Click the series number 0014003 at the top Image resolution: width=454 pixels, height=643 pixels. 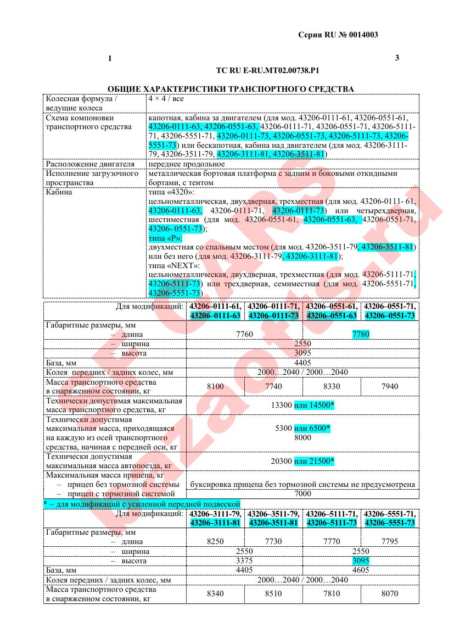361,35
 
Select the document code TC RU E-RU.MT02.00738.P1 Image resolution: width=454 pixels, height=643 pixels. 268,70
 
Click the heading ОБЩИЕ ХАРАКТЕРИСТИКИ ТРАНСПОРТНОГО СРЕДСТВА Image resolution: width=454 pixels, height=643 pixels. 231,88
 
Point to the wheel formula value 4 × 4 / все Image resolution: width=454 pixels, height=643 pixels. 166,99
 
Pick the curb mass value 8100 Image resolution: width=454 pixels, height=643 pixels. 215,386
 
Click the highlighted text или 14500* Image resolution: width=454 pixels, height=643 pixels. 314,405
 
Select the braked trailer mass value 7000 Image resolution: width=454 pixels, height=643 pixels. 302,494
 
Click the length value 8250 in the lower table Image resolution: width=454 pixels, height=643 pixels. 215,541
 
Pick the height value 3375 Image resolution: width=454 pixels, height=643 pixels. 244,561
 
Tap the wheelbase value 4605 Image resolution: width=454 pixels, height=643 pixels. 361,570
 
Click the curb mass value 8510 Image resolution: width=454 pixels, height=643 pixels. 273,594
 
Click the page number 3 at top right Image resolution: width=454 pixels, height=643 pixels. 397,58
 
